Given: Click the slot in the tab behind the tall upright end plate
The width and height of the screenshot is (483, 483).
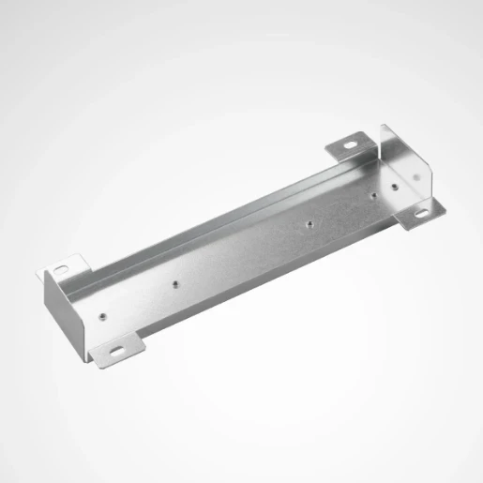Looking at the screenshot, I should (x=349, y=145).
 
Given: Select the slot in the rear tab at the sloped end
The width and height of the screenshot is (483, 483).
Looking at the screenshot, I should (x=61, y=269).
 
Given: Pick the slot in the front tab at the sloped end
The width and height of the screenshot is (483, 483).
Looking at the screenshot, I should (x=117, y=353).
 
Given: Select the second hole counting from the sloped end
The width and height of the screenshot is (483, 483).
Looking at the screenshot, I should (x=173, y=279).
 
